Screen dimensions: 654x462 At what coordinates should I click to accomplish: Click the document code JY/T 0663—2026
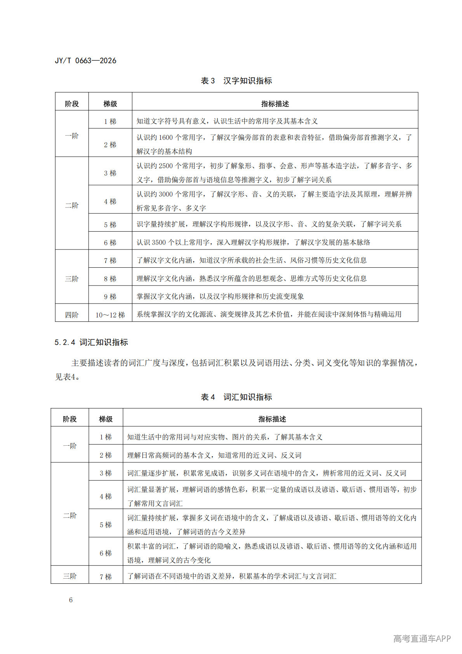pos(85,61)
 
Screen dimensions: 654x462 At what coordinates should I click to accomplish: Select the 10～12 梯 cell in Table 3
pos(110,315)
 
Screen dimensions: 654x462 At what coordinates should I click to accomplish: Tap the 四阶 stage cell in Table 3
pos(72,315)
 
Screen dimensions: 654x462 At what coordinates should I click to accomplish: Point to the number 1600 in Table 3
pos(166,138)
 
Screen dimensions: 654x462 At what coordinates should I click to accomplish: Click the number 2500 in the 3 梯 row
pos(166,166)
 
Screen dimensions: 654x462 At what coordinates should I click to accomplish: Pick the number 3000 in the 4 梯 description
pos(166,194)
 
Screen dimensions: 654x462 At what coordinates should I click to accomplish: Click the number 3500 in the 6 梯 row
pos(158,242)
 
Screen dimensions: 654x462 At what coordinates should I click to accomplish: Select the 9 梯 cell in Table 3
pos(110,296)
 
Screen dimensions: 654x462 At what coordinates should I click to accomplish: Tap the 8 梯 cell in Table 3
pos(110,279)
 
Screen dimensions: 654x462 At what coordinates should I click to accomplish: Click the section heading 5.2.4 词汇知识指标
pos(91,342)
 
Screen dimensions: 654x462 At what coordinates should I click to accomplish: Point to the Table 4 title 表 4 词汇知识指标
pos(236,397)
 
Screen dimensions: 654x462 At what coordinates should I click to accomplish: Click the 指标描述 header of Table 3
pos(275,104)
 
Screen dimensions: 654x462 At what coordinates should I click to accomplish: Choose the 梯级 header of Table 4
pos(106,419)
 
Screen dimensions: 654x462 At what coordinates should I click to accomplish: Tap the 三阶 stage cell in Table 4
pos(70,576)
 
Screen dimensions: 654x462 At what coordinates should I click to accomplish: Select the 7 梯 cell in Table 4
pos(106,577)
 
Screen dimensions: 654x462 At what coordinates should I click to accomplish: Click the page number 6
pos(71,600)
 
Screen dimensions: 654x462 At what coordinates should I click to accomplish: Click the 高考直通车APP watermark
pos(422,638)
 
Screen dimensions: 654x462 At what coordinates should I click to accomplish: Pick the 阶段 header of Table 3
pos(72,104)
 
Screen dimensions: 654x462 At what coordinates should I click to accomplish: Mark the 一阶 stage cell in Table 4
pos(70,446)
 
